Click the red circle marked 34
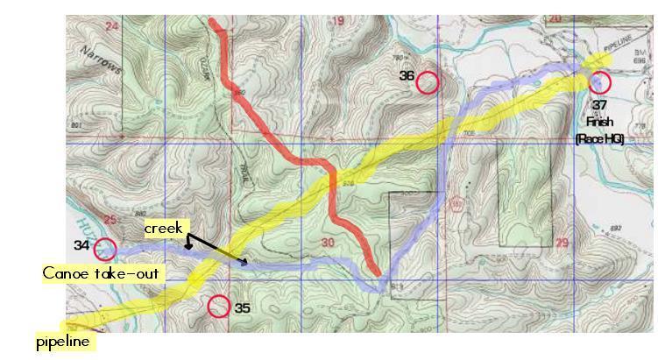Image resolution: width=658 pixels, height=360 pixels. [x=105, y=250]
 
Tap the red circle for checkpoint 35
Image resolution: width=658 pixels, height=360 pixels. [x=219, y=307]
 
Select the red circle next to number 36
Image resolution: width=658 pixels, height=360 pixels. [x=427, y=82]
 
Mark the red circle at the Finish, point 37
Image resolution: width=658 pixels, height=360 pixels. [x=599, y=82]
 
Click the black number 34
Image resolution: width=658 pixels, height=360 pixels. [x=81, y=245]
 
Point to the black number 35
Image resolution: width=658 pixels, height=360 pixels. [x=243, y=308]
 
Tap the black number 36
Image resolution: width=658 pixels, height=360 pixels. [x=407, y=76]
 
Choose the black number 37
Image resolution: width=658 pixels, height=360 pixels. [x=599, y=104]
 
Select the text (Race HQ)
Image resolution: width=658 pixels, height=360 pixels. [x=599, y=138]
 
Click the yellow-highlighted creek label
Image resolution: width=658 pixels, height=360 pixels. [x=164, y=229]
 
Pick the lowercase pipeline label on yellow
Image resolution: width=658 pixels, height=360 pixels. [x=63, y=342]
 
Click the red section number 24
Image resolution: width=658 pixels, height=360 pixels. [x=111, y=26]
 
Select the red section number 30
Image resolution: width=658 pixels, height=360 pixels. [x=329, y=243]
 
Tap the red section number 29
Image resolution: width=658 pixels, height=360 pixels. [x=562, y=243]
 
